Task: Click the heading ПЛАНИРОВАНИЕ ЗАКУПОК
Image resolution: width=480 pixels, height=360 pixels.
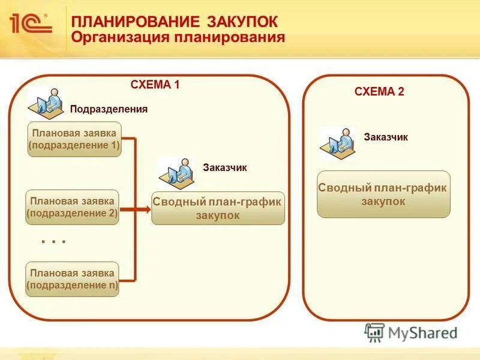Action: [x=175, y=22]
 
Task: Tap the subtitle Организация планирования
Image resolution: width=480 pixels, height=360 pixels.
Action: [x=178, y=38]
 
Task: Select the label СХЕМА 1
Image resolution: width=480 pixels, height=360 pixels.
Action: [x=155, y=85]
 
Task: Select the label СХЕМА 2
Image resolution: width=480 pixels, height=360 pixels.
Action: [x=379, y=92]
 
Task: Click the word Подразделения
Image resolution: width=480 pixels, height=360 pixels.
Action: [x=109, y=109]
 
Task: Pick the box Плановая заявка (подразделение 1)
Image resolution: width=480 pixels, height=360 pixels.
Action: [x=74, y=139]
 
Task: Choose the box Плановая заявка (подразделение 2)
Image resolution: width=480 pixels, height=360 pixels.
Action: [x=73, y=208]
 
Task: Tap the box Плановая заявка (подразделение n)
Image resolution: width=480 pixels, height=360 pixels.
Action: [x=73, y=280]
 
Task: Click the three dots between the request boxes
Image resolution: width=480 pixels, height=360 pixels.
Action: [x=53, y=241]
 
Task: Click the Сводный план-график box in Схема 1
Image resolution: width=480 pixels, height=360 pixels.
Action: [x=218, y=209]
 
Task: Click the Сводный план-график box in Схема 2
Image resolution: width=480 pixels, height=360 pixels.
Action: [x=383, y=194]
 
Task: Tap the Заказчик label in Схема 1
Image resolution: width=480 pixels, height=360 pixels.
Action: [x=224, y=168]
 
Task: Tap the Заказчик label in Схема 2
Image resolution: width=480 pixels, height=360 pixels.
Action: [x=386, y=137]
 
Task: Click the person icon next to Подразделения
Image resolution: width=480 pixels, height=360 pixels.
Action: [x=46, y=103]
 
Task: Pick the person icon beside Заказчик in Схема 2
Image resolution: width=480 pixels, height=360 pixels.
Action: [x=338, y=143]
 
